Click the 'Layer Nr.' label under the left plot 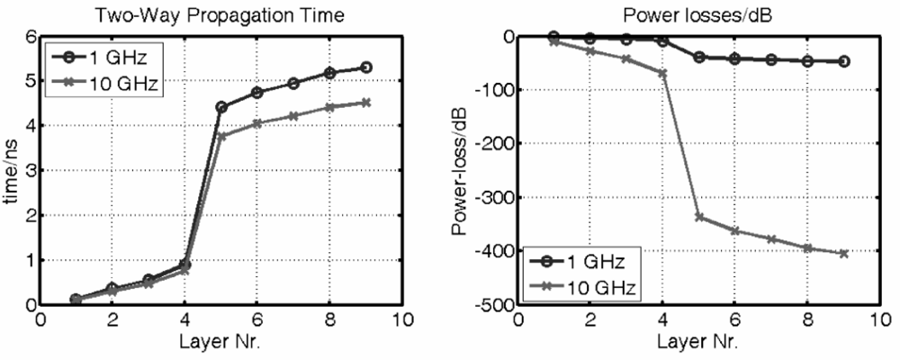[220, 342]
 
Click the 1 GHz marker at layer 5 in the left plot [221, 107]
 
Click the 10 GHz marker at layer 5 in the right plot [699, 217]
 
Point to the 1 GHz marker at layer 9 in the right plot [843, 61]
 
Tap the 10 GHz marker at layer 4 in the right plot [662, 73]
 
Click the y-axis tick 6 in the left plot [29, 37]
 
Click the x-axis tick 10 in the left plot [402, 320]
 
